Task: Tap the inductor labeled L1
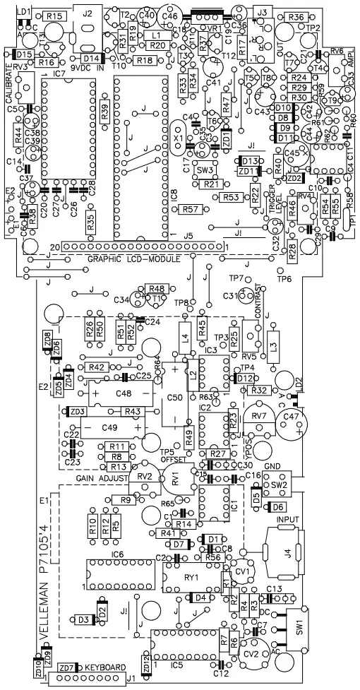(x=157, y=34)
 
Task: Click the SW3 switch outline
(x=205, y=170)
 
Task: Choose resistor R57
(x=188, y=209)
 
